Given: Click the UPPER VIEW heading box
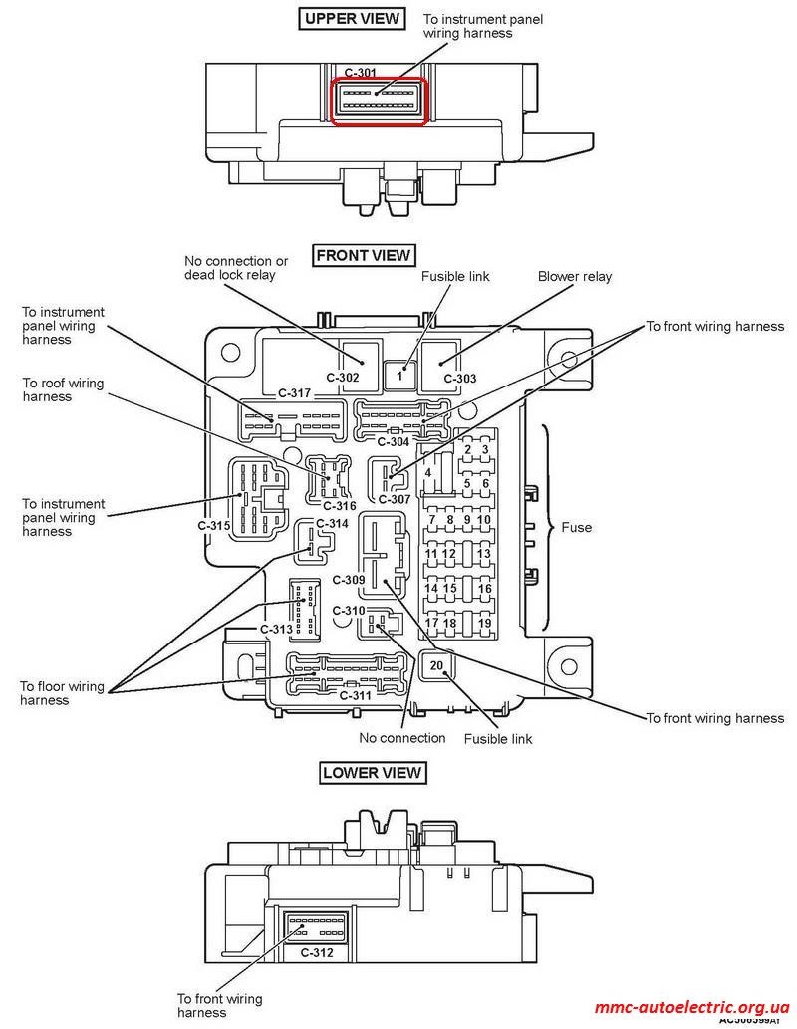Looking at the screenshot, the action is (352, 18).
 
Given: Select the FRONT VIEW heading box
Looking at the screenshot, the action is (363, 255).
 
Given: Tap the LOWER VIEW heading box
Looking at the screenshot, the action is (372, 772).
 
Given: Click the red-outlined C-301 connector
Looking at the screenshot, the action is (380, 101).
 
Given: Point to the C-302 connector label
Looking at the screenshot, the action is (343, 378).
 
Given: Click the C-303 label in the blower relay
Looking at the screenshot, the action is (459, 378).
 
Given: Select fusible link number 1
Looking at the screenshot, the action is (399, 376).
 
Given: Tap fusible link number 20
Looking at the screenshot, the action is (436, 666).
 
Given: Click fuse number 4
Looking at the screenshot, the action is (428, 472).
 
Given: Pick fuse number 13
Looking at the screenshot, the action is (484, 553).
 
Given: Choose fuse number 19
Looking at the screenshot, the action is (484, 623).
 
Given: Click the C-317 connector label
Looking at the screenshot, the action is (294, 393).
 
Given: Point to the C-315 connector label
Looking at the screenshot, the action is (214, 526).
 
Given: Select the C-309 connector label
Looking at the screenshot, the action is (349, 580).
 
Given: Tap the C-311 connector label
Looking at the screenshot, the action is (356, 695).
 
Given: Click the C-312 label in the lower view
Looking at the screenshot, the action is (317, 952).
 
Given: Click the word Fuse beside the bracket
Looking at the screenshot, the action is (577, 527).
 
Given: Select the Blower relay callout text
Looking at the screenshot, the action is (575, 276).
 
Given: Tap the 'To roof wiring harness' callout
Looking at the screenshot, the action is (63, 389).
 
